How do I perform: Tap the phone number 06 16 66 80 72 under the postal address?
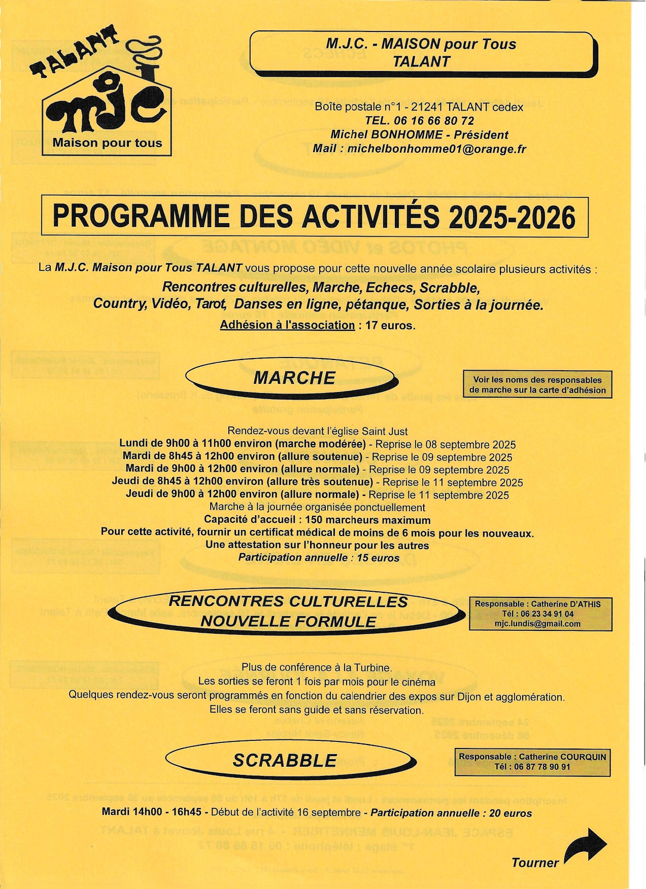pos(433,121)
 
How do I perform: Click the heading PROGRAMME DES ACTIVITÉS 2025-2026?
pos(314,217)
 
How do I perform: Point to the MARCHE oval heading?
pos(294,378)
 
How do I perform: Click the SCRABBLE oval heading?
pos(285,761)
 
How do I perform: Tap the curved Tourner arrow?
pos(586,844)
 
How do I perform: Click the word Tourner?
pos(535,863)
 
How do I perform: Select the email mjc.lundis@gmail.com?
pos(537,624)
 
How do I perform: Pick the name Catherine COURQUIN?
pos(562,757)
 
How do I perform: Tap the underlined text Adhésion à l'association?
pos(287,325)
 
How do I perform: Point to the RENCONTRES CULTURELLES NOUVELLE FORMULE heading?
pos(288,611)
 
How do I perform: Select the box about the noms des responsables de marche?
pos(537,385)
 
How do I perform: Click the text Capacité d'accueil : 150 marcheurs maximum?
pos(317,520)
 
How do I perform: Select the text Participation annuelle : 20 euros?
pos(451,813)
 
